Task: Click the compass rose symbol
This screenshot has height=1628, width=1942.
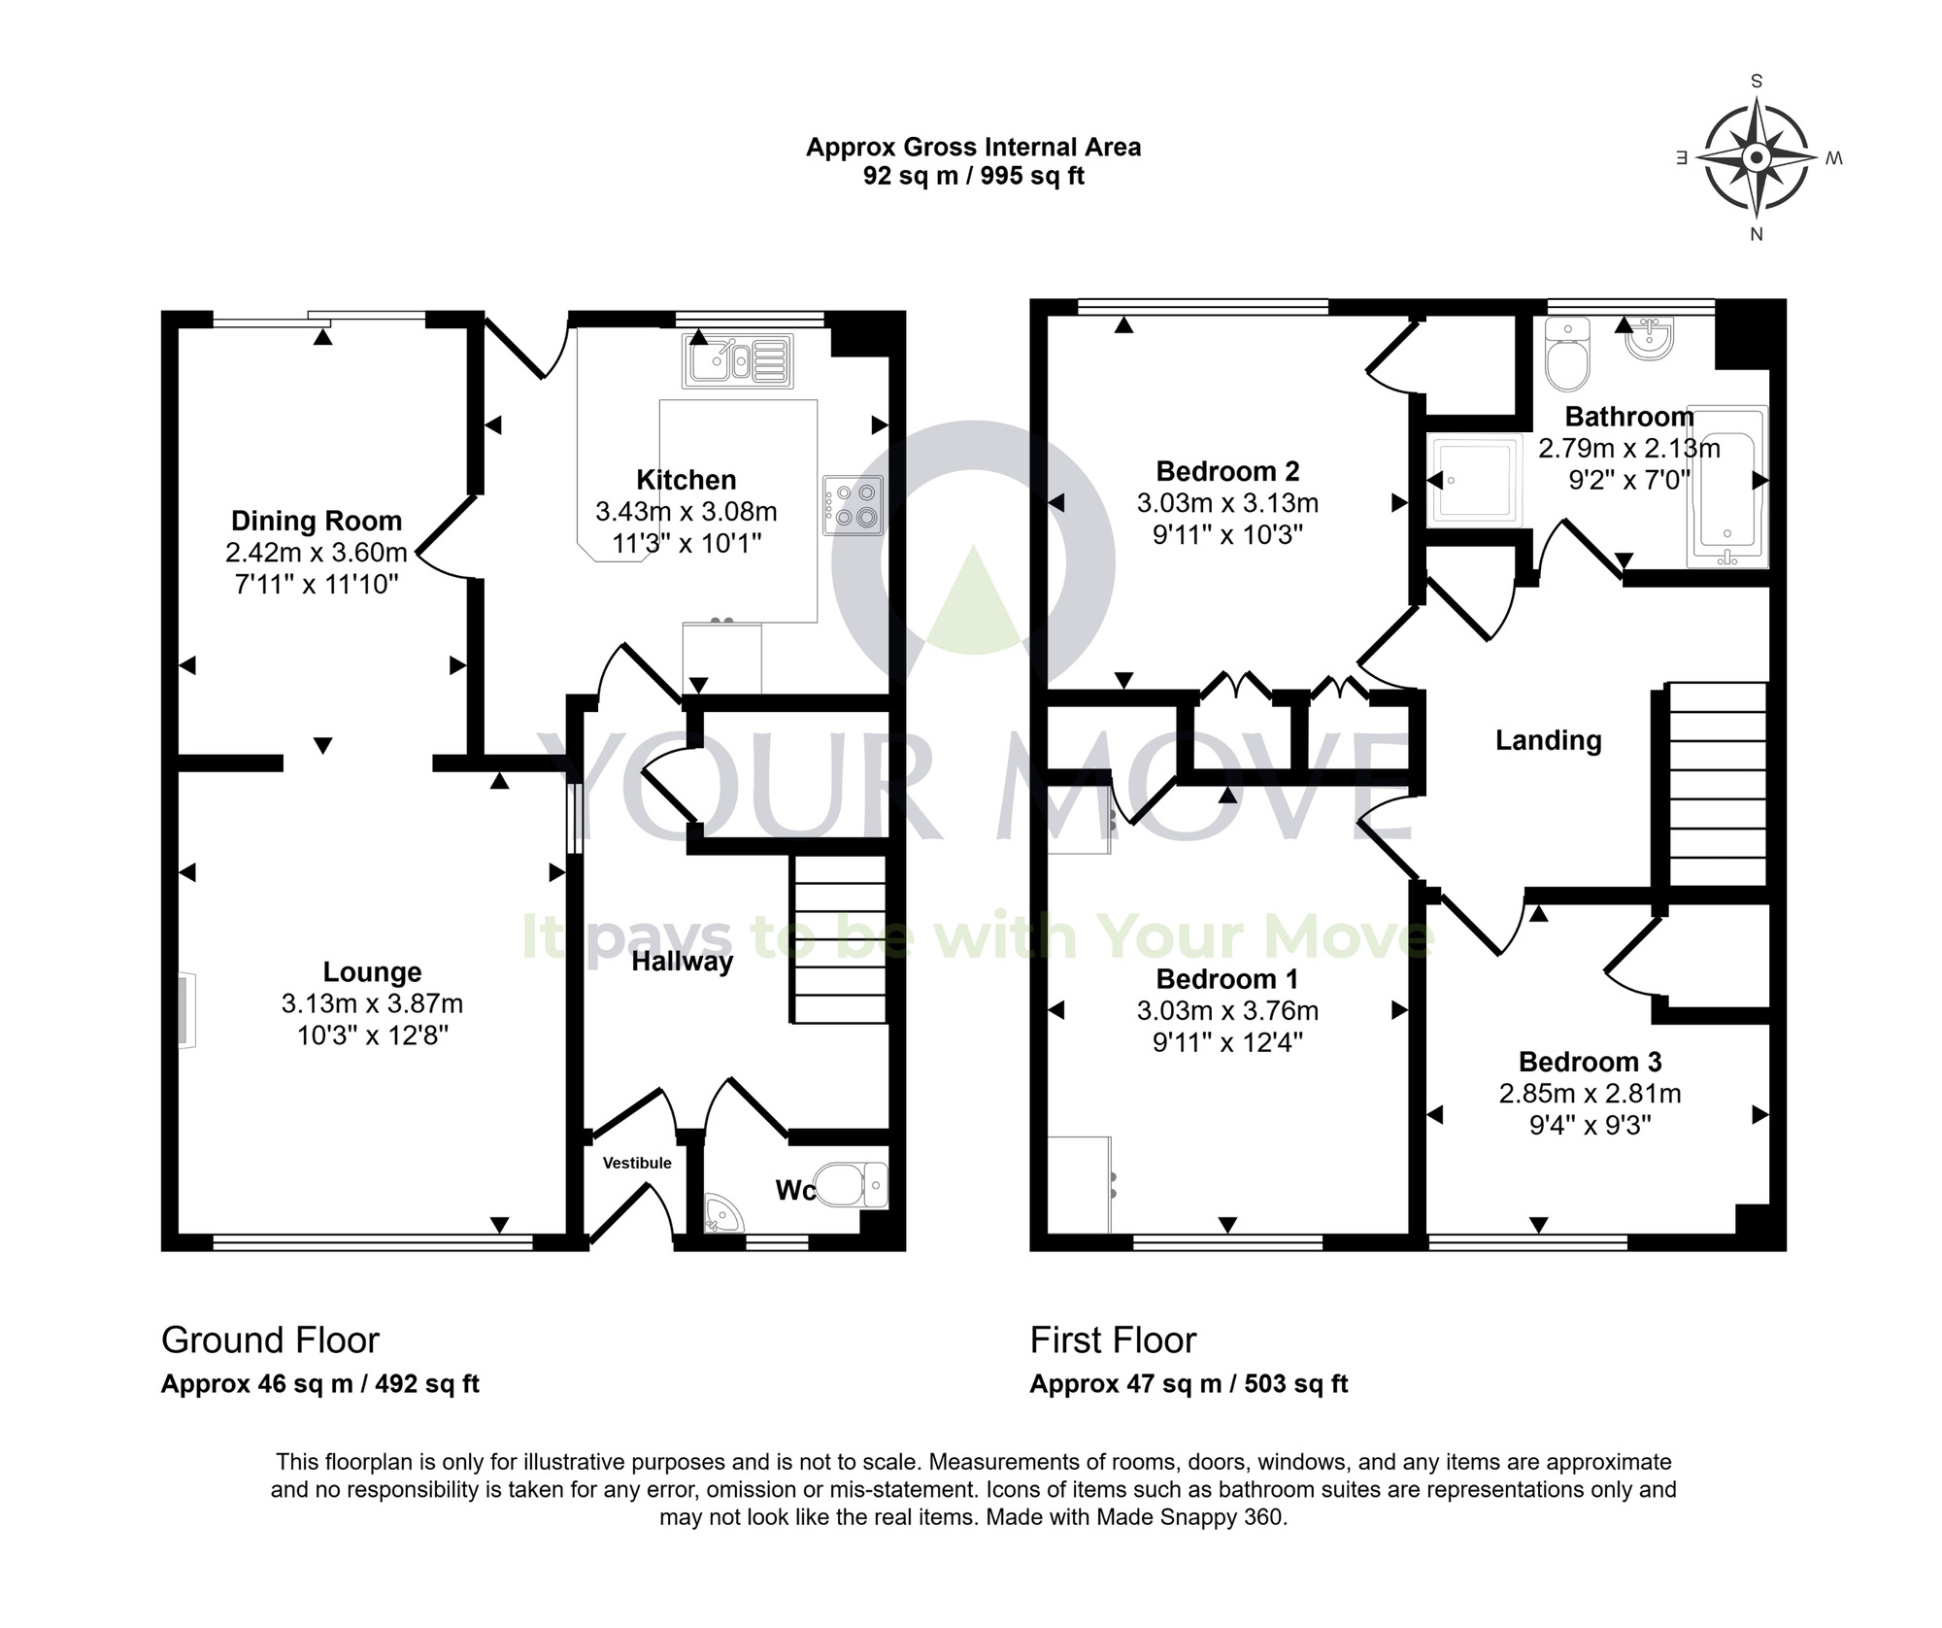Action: [1756, 157]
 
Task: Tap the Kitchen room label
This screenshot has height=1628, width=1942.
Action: [686, 480]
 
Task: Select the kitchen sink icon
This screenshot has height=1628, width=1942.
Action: [738, 360]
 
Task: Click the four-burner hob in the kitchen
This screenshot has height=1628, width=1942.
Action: [854, 505]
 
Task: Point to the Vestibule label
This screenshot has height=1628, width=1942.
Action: [637, 1163]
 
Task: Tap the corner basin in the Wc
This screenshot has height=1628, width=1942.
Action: [720, 1214]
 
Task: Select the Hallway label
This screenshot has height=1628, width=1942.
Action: [682, 962]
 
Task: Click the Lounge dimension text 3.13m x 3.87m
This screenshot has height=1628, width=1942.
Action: [372, 1003]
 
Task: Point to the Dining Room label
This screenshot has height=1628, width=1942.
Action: [316, 522]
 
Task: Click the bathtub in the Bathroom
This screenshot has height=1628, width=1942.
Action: [1728, 486]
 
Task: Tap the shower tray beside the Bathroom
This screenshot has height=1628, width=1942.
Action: [1473, 481]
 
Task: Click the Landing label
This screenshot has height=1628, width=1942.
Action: [1548, 740]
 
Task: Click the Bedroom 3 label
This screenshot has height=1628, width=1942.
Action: [1590, 1062]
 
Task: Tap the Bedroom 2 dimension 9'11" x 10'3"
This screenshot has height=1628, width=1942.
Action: [1227, 535]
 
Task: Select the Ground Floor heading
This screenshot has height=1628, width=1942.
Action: [270, 1340]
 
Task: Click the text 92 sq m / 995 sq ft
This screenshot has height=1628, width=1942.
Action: [973, 176]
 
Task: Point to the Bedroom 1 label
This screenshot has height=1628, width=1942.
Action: [1227, 978]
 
